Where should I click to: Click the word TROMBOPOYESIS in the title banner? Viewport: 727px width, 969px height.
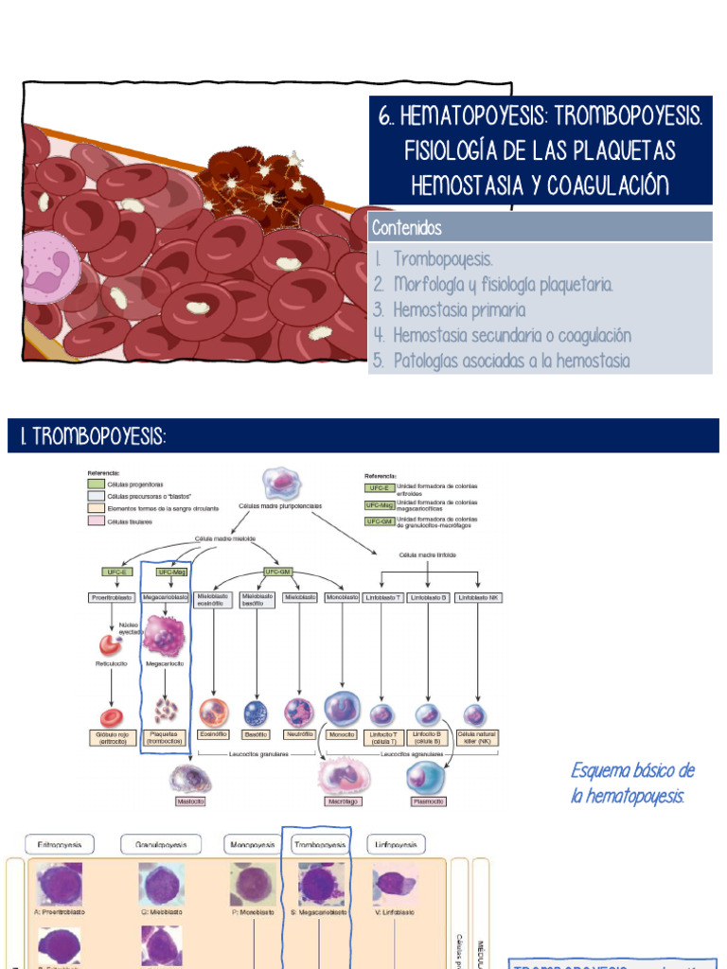point(629,118)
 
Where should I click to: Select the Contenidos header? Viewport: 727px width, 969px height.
point(407,227)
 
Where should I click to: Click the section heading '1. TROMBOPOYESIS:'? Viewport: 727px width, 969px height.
point(93,436)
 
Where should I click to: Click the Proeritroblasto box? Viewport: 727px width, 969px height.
point(111,598)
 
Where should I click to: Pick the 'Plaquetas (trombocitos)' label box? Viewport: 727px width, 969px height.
point(168,738)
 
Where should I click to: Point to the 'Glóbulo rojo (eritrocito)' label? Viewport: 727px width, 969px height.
point(112,738)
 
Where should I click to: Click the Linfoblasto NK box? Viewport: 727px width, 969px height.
point(476,598)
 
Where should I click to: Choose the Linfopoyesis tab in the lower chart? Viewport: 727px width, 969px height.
point(396,844)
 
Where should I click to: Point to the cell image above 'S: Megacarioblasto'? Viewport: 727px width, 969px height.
point(322,884)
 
